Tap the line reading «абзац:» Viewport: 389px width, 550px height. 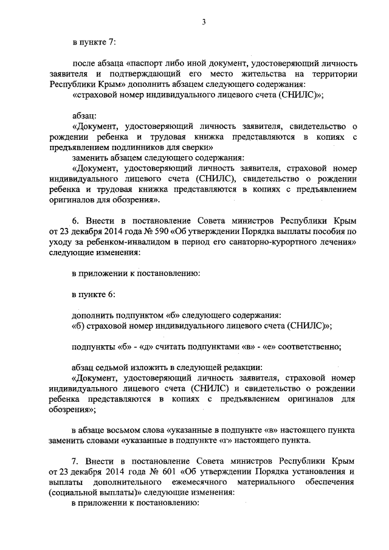[83, 115]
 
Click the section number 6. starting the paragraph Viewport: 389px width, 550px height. [75, 219]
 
